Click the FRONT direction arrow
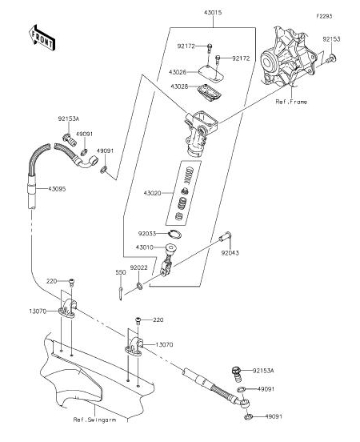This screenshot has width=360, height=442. pos(42,38)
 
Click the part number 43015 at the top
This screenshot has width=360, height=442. pos(213,13)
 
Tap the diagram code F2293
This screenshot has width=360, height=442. pos(324,16)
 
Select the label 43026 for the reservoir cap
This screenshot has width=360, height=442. pos(178,72)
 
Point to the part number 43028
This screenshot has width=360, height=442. pos(179,86)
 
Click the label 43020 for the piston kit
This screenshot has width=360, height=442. pos(152,194)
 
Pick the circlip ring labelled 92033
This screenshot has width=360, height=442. pos(175,234)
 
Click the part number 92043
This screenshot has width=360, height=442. pos(230,253)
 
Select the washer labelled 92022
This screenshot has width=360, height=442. pos(139,286)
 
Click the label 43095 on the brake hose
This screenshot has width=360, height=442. pos(57,189)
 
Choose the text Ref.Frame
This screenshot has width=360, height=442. pos(291,102)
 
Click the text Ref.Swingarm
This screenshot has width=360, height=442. pos(94,420)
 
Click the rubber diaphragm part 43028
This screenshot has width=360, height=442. pos(210,92)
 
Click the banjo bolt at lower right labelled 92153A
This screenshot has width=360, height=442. pos(238,375)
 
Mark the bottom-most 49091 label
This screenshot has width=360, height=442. pos(274,416)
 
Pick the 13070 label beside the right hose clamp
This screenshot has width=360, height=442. pos(164,344)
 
